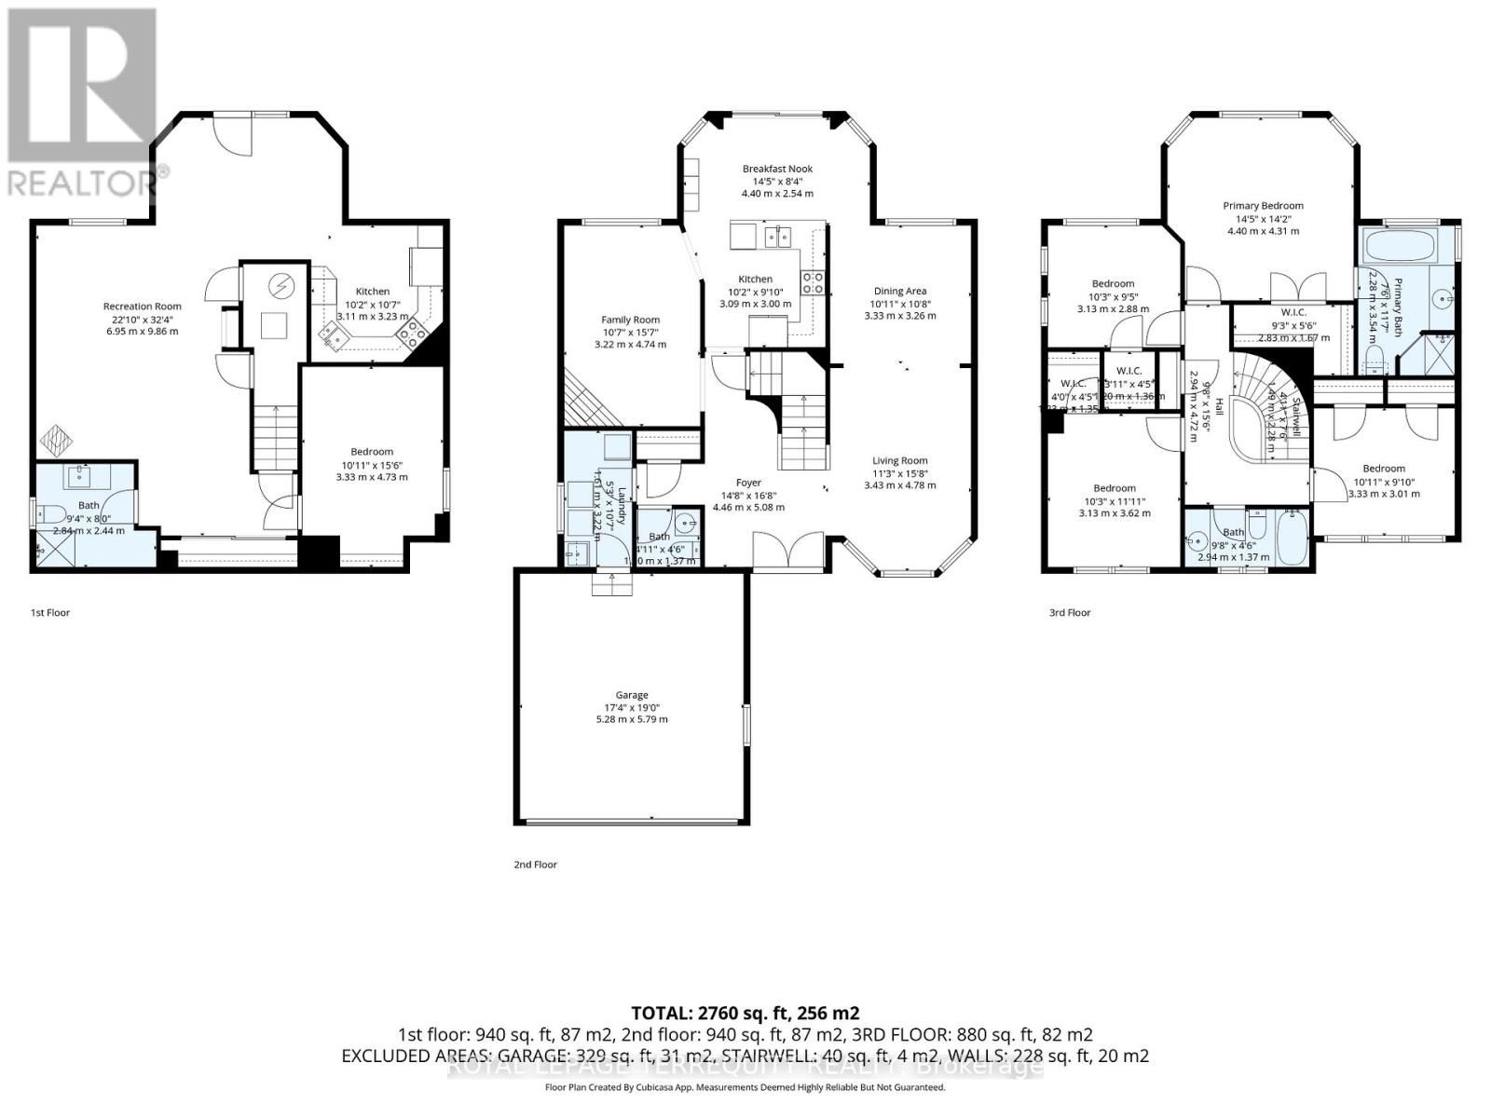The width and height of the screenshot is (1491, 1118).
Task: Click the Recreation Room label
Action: pos(142,306)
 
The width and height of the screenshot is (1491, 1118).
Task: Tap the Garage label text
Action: pos(631,695)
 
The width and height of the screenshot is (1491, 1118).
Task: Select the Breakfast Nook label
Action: pos(777,169)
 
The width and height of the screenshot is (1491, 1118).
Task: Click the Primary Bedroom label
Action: pos(1263,206)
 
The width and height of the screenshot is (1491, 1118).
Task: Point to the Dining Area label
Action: pos(899,291)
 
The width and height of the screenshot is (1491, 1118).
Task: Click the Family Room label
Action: pos(631,320)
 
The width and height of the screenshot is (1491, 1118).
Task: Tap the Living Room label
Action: pos(899,460)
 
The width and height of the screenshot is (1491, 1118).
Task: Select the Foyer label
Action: pos(748,483)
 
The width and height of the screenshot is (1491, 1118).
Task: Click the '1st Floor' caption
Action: pos(50,612)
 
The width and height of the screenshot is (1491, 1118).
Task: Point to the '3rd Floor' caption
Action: pos(1069,612)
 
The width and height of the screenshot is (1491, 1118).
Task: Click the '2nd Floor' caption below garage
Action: pos(535,865)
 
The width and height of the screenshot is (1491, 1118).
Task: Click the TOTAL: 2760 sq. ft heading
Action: pos(745,1013)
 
